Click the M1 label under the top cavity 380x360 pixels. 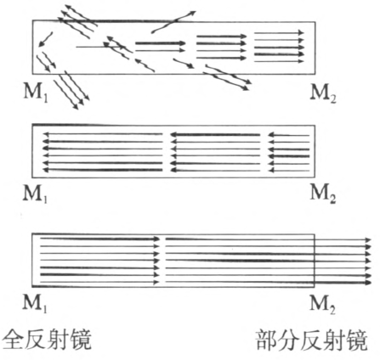36,93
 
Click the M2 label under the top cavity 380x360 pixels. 323,93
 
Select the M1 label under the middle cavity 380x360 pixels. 36,194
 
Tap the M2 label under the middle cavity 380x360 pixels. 323,194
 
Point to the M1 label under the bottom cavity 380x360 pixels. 36,303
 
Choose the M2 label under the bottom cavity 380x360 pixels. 323,304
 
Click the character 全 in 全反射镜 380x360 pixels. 13,340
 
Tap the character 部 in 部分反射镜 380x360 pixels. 266,340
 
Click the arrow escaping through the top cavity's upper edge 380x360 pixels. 173,22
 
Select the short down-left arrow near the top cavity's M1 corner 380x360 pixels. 45,39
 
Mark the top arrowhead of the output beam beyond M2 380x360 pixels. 368,240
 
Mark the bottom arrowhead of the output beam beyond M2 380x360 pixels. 368,282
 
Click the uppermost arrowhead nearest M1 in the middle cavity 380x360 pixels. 45,134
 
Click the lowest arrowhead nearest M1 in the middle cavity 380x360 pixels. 45,170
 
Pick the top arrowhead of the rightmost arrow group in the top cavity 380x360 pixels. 301,32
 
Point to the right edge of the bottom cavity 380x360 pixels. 315,261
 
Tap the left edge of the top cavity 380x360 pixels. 32,48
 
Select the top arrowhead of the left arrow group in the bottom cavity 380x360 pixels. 156,239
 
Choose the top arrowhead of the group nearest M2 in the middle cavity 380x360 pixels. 270,135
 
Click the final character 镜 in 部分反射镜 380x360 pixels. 356,340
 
